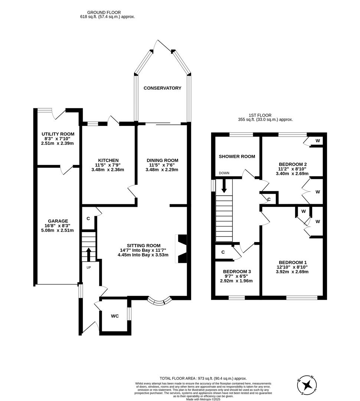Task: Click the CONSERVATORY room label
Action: click(162, 88)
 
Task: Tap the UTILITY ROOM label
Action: click(58, 134)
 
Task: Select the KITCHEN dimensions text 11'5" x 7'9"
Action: click(108, 165)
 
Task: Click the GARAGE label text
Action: click(58, 221)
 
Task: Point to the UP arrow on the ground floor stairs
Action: click(88, 255)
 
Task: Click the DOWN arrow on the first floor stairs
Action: click(224, 185)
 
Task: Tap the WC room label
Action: click(115, 316)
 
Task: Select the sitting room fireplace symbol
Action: click(182, 249)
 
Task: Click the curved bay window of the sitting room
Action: click(159, 301)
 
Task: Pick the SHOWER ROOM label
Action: click(237, 156)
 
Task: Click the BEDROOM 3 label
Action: click(237, 272)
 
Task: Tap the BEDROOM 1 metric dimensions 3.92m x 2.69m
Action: click(292, 271)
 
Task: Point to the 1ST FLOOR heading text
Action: click(265, 115)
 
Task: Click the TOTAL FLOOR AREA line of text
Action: click(203, 378)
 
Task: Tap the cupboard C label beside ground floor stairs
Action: click(88, 218)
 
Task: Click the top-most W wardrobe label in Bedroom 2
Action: click(318, 141)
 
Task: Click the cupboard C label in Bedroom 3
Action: click(223, 252)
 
